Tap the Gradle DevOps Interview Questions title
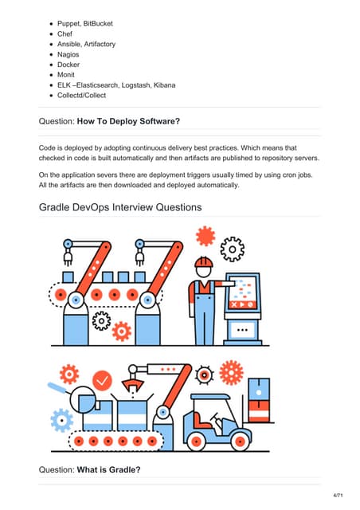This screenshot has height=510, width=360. (119, 207)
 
